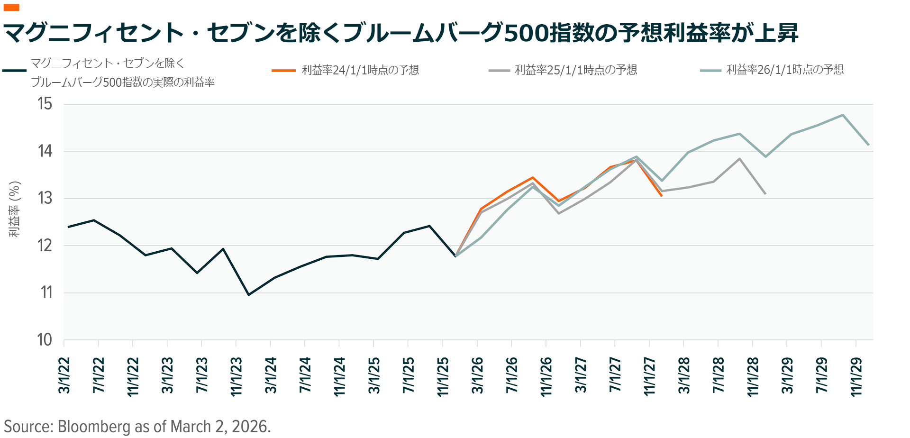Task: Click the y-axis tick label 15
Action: [45, 104]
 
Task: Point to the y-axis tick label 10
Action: [45, 340]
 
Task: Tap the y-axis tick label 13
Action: [45, 198]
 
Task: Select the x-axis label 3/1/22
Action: [64, 375]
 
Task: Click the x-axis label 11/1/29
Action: [856, 376]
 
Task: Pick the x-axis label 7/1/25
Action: [408, 375]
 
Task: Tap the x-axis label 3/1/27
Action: [581, 375]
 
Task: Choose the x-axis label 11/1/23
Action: [236, 376]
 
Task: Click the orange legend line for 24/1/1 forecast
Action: [283, 71]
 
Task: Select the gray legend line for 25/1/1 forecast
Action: [499, 71]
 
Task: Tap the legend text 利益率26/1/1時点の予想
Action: [785, 70]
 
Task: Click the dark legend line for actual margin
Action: [14, 71]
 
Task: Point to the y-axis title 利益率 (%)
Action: [15, 209]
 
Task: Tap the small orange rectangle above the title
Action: [11, 8]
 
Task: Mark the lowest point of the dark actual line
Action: [249, 295]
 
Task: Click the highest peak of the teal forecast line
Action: [843, 115]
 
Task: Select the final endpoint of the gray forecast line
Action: [765, 193]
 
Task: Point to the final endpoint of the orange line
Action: [662, 196]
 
